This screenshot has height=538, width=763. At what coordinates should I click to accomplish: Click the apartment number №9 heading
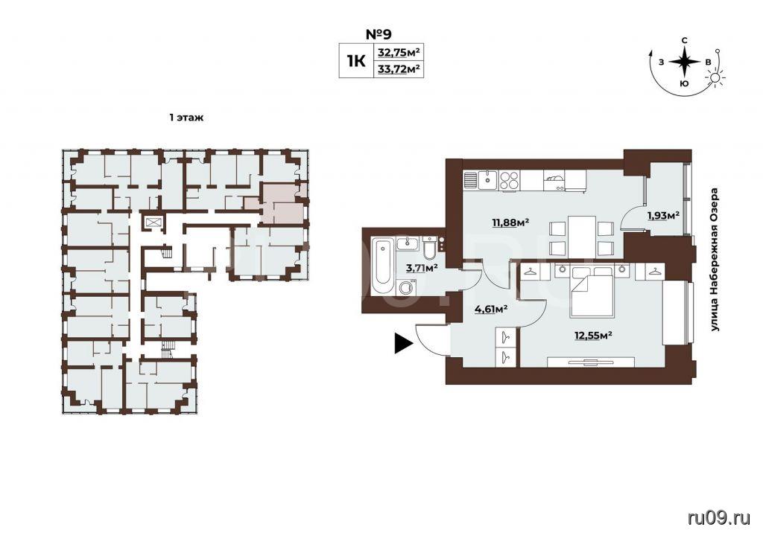pos(378,34)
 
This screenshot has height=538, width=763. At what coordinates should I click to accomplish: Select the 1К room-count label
pos(355,61)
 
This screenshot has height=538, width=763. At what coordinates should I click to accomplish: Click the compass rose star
pos(684,62)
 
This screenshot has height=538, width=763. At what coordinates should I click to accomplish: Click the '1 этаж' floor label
pos(186,118)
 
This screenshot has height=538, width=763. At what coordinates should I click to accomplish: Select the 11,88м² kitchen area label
pos(510,223)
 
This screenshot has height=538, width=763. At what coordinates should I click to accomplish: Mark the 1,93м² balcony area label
pos(662,215)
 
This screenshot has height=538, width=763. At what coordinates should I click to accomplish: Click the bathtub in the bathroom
pos(383,266)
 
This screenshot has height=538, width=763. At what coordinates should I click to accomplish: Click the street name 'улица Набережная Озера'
pos(715,260)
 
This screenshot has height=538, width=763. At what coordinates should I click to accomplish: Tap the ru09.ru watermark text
pos(719,518)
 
